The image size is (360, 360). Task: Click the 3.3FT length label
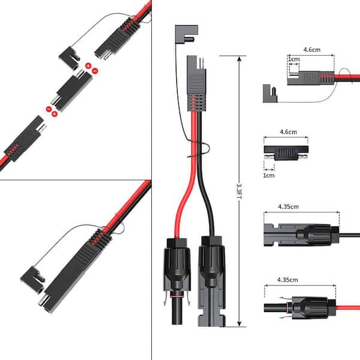tap(238, 191)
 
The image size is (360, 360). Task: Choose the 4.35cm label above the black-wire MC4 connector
tap(289, 207)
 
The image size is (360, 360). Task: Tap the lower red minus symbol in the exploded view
tap(49, 108)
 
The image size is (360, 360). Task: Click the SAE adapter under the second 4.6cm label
tap(286, 149)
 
